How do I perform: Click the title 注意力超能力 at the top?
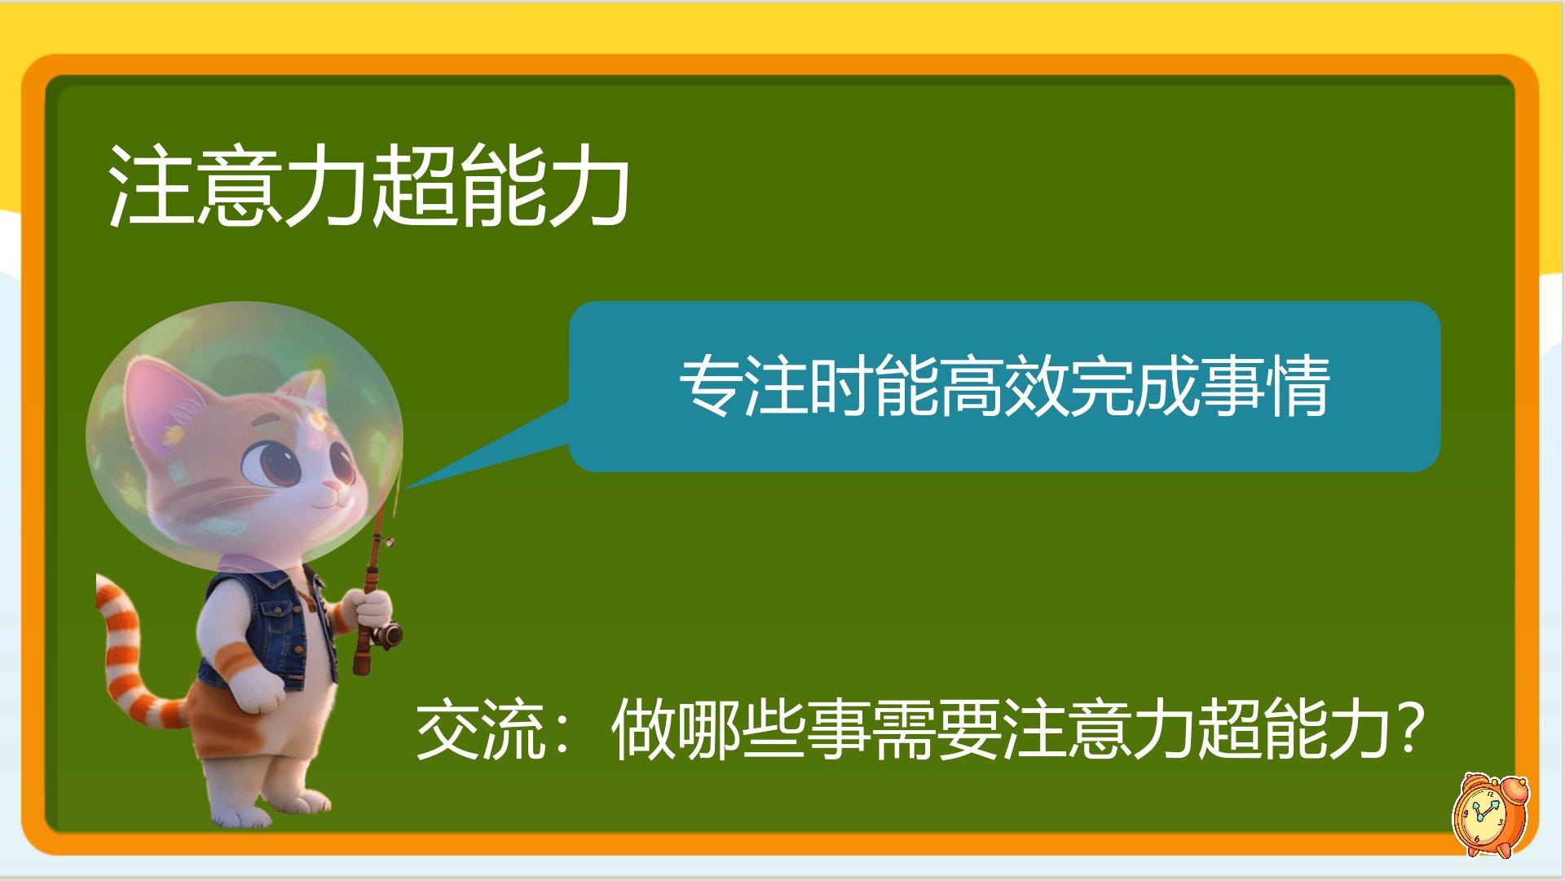coord(368,186)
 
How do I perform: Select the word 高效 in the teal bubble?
coord(1004,386)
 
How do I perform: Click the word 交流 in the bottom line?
coord(481,729)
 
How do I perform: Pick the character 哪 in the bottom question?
coord(709,729)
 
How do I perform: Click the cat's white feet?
coord(269,808)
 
